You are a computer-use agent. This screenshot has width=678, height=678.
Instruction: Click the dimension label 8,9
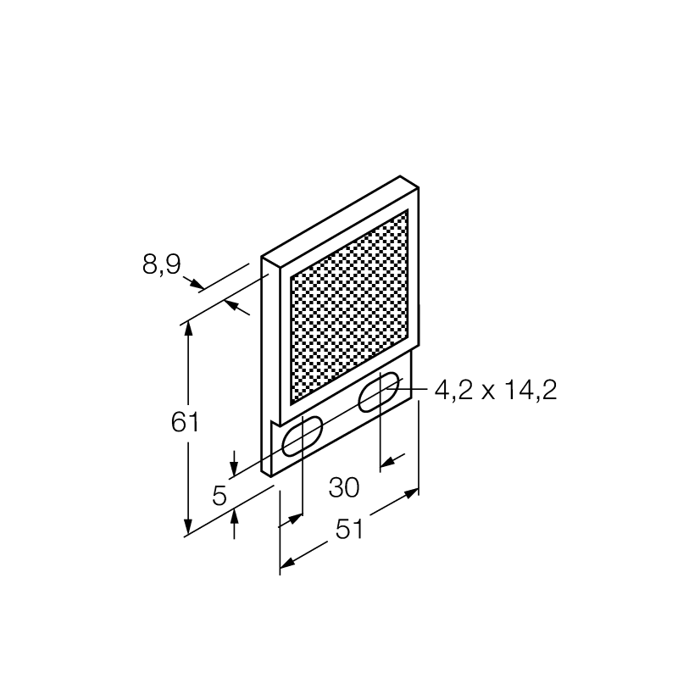pyautogui.click(x=162, y=264)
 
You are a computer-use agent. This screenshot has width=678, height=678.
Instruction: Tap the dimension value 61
pyautogui.click(x=185, y=422)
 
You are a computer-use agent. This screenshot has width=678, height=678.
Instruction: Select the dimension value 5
pyautogui.click(x=220, y=496)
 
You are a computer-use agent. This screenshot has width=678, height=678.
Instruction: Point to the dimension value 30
pyautogui.click(x=344, y=488)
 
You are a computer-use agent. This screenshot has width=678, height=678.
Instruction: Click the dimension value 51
pyautogui.click(x=350, y=529)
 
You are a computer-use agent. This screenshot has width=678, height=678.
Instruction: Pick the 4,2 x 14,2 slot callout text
pyautogui.click(x=496, y=390)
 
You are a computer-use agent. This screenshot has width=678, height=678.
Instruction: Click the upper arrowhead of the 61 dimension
pyautogui.click(x=188, y=328)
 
